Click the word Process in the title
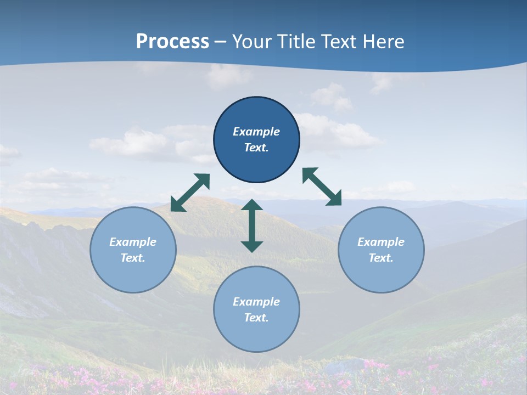pyautogui.click(x=172, y=42)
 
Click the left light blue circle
pyautogui.click(x=133, y=250)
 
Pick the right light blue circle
pyautogui.click(x=381, y=250)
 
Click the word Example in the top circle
pyautogui.click(x=256, y=132)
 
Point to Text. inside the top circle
pyautogui.click(x=256, y=148)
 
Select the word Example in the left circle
pyautogui.click(x=133, y=242)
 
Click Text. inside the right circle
pyautogui.click(x=381, y=258)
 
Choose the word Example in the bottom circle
pyautogui.click(x=256, y=302)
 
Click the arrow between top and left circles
pyautogui.click(x=190, y=193)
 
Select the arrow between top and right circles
pyautogui.click(x=322, y=187)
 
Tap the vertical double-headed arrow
pyautogui.click(x=252, y=225)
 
